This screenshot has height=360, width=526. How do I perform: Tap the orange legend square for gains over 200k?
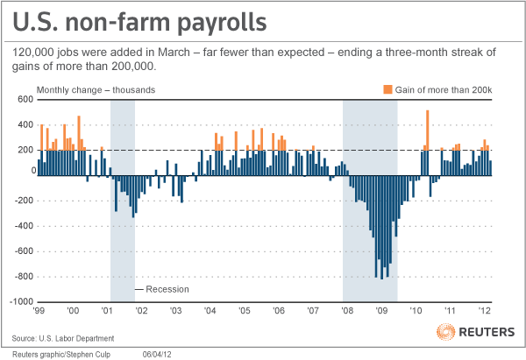coord(387,89)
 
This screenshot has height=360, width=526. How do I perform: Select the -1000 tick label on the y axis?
coord(20,302)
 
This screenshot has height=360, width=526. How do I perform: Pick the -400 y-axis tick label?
coord(23,226)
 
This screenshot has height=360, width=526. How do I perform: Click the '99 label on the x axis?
coord(40,310)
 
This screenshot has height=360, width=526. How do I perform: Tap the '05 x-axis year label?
coord(245,310)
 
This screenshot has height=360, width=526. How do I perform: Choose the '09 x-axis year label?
coord(381,310)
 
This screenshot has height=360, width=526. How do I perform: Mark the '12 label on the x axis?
coord(484,310)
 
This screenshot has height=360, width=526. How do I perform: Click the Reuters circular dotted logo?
coord(446,333)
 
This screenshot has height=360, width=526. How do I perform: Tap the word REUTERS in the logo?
coord(488,334)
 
